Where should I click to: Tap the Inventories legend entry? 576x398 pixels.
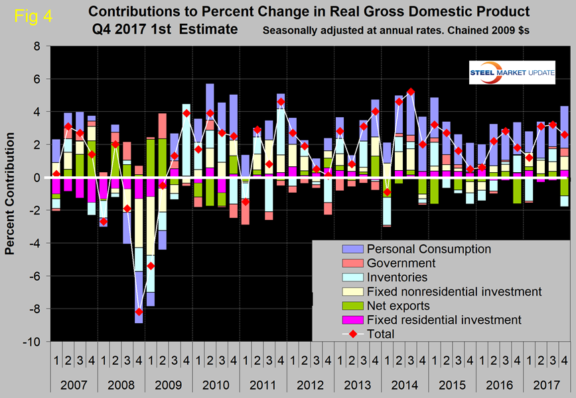pos(397,277)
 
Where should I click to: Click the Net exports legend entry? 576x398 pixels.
pos(397,306)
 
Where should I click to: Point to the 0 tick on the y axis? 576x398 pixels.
pos(37,177)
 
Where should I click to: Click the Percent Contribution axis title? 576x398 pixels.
pos(11,193)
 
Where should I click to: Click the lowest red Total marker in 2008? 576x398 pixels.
pos(138,312)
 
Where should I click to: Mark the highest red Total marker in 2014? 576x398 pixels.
pos(411,92)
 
